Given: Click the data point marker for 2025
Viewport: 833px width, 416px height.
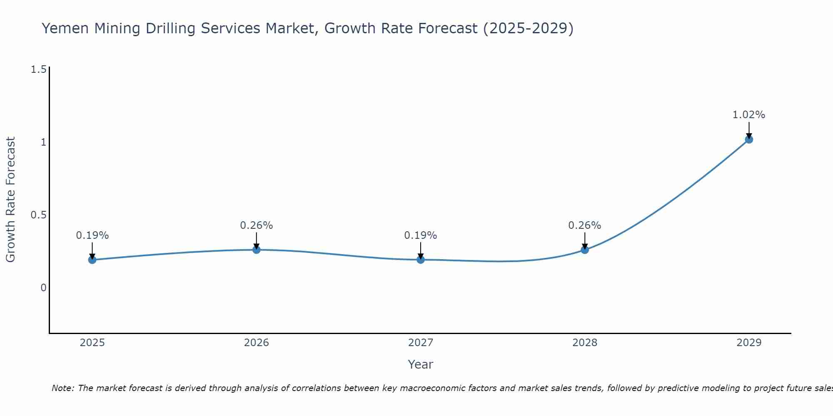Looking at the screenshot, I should pos(92,260).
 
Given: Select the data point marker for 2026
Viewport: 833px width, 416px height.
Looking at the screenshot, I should pos(257,250).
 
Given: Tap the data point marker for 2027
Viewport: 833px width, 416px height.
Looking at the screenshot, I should pos(421,260).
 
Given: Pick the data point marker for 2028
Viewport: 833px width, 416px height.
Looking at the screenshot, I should pos(585,250).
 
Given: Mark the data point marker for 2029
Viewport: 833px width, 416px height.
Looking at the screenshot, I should pos(749,139).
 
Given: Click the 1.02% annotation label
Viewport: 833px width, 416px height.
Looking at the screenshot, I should pos(749,115).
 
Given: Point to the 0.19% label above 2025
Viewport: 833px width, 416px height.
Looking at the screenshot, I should pos(92,235).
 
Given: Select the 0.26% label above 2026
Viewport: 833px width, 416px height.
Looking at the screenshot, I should pos(257,225).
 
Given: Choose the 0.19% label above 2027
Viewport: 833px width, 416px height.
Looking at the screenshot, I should pos(421,235).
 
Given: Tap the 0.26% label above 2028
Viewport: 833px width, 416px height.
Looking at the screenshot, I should pos(585,225).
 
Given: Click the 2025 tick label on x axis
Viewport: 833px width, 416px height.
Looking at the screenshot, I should pos(92,343).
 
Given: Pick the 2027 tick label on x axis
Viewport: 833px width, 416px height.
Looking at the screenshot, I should pos(421,343).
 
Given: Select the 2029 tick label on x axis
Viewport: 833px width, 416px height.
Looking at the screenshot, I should pos(749,343).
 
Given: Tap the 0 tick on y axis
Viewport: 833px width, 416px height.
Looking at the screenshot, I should pos(43,288).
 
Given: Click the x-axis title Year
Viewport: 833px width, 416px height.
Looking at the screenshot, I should pos(421,364).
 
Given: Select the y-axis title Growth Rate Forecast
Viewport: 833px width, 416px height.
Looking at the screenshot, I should pos(11,200).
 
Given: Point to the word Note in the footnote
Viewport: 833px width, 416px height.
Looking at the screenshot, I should pos(62,388).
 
